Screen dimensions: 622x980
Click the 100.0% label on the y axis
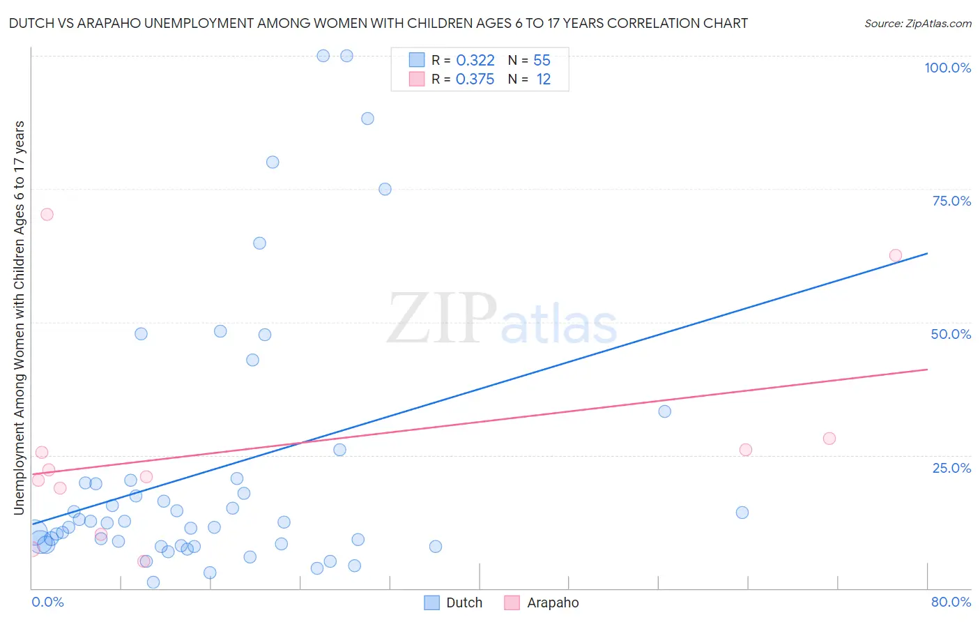click(x=947, y=68)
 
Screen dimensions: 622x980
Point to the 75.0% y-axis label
click(x=951, y=201)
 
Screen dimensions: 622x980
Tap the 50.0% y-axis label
click(x=951, y=334)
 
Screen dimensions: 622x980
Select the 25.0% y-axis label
click(x=951, y=467)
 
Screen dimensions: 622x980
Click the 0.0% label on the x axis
click(x=47, y=602)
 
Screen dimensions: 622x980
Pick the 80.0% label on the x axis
click(x=951, y=602)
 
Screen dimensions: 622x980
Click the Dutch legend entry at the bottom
click(x=464, y=602)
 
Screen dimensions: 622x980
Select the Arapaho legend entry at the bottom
click(x=552, y=602)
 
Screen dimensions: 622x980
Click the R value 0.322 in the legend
click(x=475, y=61)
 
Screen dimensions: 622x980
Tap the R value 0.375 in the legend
click(x=475, y=79)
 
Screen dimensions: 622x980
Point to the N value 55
click(x=542, y=61)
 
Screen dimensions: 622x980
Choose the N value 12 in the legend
click(x=543, y=79)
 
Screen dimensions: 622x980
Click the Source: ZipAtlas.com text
click(x=917, y=24)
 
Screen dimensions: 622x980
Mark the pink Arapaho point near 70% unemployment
click(x=47, y=214)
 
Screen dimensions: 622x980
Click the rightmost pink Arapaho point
click(x=896, y=255)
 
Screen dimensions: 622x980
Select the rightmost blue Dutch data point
click(x=742, y=513)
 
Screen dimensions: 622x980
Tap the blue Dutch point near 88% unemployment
click(x=367, y=119)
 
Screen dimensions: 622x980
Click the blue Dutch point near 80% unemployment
click(x=273, y=162)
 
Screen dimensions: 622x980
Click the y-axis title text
click(x=19, y=318)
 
